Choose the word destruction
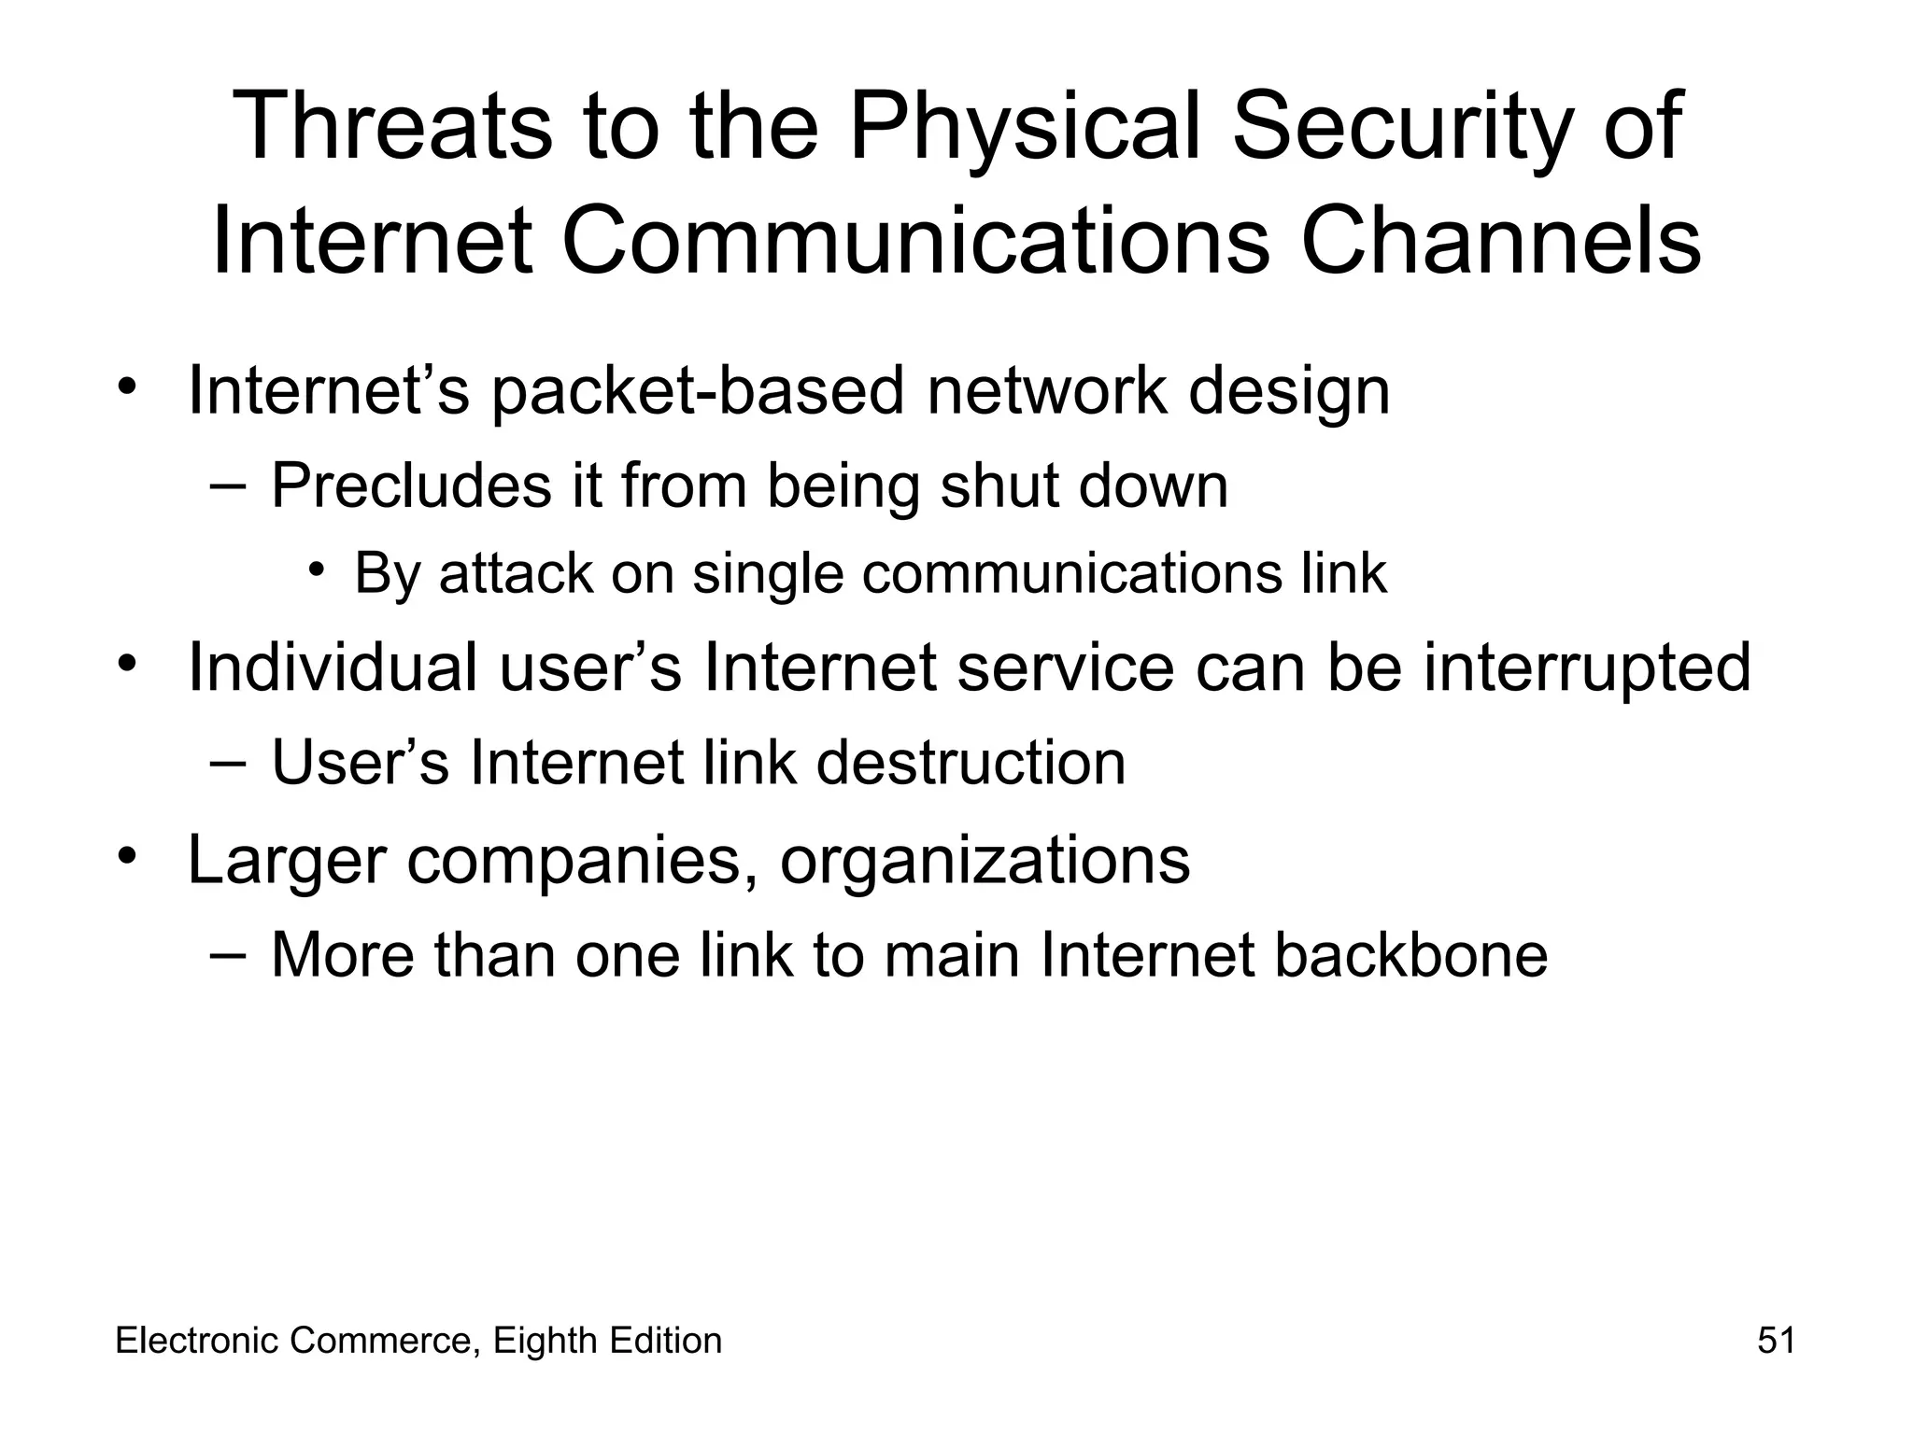point(971,763)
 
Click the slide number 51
point(1776,1341)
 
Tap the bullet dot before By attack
point(318,570)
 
